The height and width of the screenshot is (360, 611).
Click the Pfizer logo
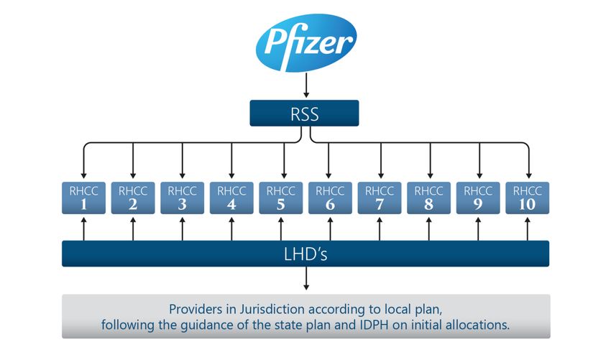tap(305, 43)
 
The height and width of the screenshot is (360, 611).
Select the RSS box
tap(303, 113)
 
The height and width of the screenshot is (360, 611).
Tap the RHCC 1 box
tap(83, 198)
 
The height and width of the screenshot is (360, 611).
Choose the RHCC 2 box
tap(133, 198)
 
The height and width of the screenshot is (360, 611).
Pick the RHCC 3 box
tap(183, 198)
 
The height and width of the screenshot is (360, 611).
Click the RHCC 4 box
tap(231, 198)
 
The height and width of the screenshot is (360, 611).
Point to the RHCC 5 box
tap(281, 198)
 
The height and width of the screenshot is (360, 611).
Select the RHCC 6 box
tap(330, 198)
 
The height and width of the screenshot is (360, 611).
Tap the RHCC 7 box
tap(380, 198)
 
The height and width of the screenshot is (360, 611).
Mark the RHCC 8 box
tap(429, 198)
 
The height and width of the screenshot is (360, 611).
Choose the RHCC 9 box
tap(479, 198)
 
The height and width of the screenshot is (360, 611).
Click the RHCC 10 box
tap(528, 198)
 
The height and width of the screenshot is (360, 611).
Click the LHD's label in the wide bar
tap(305, 253)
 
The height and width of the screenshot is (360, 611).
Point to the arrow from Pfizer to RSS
tap(305, 87)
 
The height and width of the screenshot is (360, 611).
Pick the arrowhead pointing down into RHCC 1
tap(83, 174)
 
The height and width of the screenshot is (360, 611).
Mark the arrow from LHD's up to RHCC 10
tap(528, 229)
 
